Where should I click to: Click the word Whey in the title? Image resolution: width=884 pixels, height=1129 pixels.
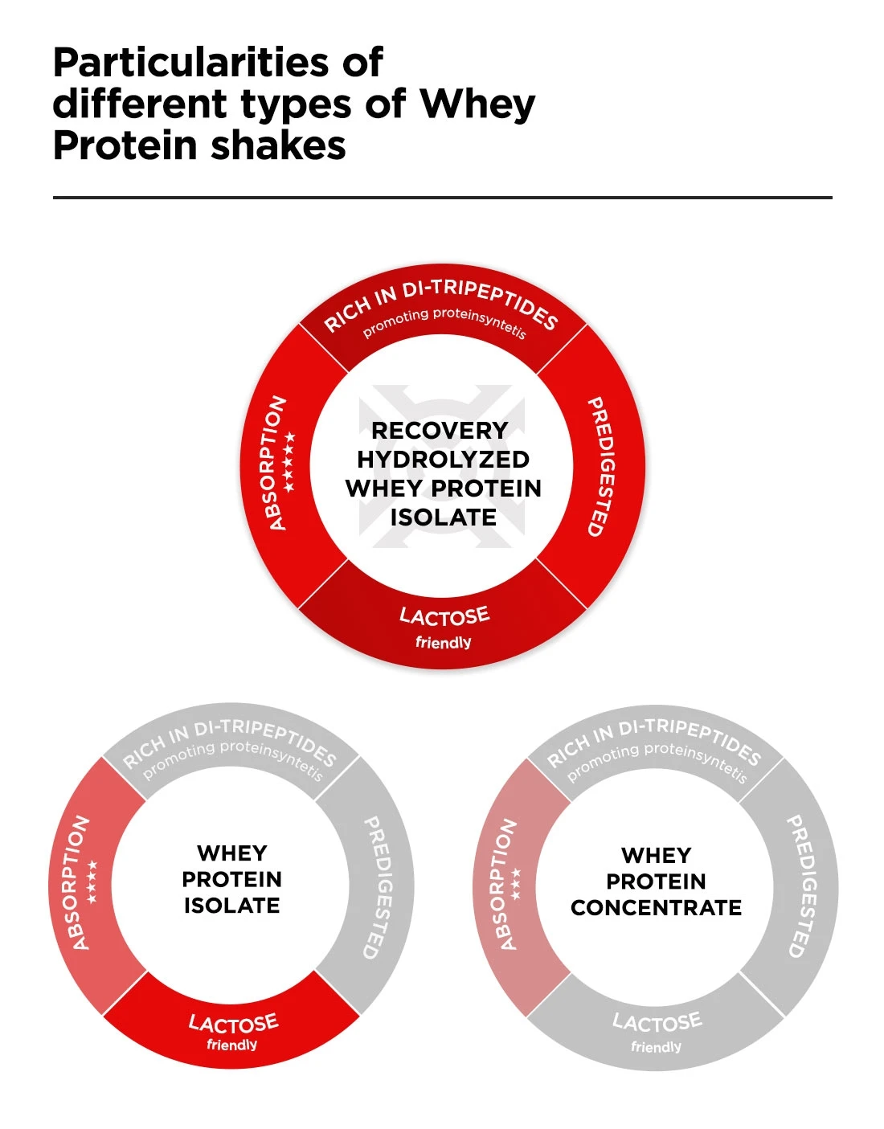tap(477, 104)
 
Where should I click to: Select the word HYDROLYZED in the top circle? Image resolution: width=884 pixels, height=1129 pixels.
tap(443, 460)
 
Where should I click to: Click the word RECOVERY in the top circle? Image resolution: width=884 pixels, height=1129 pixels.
tap(440, 431)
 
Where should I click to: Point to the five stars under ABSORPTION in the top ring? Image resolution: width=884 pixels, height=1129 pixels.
tap(289, 463)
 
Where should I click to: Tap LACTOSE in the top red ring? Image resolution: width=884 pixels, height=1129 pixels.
tap(444, 617)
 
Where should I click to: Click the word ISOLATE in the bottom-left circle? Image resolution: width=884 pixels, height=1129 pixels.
tap(231, 906)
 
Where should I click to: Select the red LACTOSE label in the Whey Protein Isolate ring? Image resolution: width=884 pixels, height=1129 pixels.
tap(233, 1023)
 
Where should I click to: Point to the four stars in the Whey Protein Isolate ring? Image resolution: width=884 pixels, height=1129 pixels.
tap(92, 881)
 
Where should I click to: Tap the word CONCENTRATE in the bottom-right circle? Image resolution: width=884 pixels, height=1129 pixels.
tap(656, 908)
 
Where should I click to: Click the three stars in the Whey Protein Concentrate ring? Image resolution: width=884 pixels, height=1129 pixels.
tap(516, 882)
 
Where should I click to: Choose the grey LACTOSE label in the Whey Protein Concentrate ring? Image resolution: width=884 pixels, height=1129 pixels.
tap(657, 1022)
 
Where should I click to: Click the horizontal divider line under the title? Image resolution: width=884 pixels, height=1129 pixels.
tap(442, 197)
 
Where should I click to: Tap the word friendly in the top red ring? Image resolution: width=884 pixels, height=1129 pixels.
tap(443, 643)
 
